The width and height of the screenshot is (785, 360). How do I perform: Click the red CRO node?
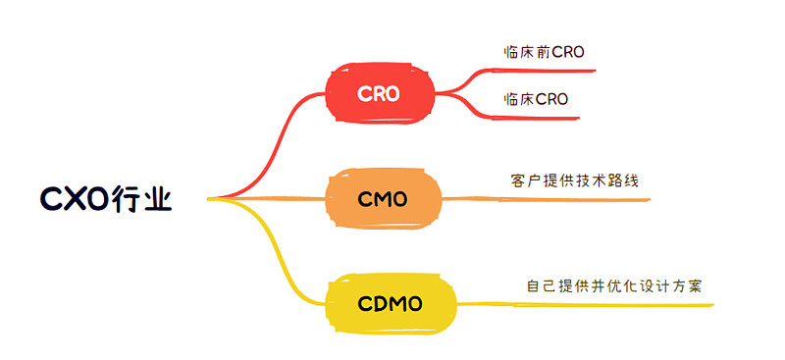tap(379, 94)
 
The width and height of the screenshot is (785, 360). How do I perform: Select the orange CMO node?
tap(383, 199)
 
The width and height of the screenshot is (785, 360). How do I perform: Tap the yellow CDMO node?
tap(390, 304)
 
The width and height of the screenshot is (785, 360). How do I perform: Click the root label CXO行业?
tap(106, 199)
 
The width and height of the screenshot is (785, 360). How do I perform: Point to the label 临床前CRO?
tap(543, 52)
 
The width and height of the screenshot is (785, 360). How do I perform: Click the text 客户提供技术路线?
tap(568, 181)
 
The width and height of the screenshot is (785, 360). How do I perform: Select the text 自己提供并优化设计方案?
tap(614, 285)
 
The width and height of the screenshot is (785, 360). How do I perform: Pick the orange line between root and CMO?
tap(275, 199)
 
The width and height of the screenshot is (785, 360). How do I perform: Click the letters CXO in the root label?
tap(73, 199)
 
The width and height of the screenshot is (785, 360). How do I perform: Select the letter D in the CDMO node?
tap(377, 304)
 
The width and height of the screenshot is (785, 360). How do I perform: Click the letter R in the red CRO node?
tap(379, 94)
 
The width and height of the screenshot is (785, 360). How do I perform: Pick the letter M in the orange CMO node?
tap(383, 200)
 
